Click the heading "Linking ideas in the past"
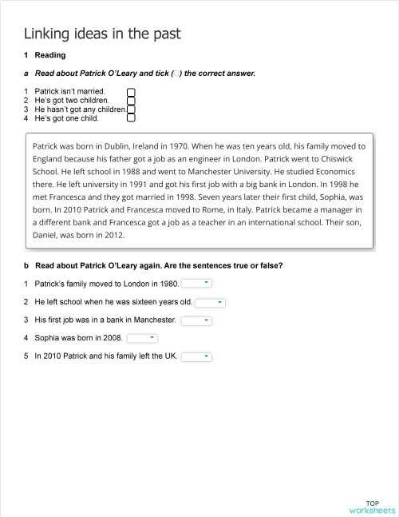(x=102, y=33)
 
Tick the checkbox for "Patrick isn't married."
(x=131, y=92)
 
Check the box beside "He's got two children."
(x=131, y=101)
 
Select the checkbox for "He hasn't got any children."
(x=131, y=109)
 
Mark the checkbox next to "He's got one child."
(x=131, y=118)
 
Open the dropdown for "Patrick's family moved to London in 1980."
(x=197, y=283)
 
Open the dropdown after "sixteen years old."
(x=210, y=302)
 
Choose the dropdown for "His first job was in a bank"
(x=196, y=320)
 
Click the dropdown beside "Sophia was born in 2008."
(x=142, y=338)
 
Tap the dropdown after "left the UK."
(x=196, y=356)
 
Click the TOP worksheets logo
(x=372, y=506)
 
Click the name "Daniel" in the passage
(x=46, y=235)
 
